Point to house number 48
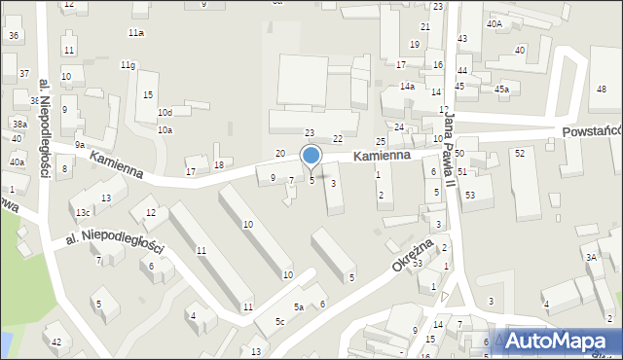[x=602, y=90]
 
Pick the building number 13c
[x=84, y=212]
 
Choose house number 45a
[x=501, y=90]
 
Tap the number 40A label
[x=495, y=23]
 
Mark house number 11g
[x=128, y=65]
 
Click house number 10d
[x=165, y=113]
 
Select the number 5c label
[x=279, y=321]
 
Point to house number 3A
[x=591, y=257]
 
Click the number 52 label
[x=520, y=154]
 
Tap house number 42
[x=56, y=342]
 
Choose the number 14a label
[x=407, y=87]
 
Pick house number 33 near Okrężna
[x=418, y=264]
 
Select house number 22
[x=338, y=140]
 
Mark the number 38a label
[x=18, y=124]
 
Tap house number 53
[x=470, y=196]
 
